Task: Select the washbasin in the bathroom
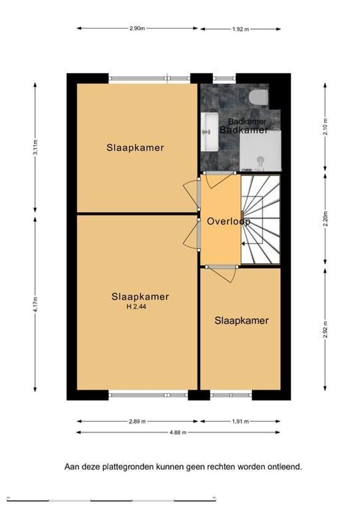point(209,132)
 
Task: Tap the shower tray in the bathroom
point(260,151)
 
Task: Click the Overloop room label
point(229,222)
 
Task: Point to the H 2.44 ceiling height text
point(136,306)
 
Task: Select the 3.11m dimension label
point(35,148)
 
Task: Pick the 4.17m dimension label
point(35,304)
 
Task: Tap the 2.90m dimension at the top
point(137,28)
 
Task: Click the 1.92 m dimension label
point(240,29)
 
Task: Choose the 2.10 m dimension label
point(325,126)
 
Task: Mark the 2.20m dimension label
point(325,219)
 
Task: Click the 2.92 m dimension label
point(325,329)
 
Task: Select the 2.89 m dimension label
point(137,421)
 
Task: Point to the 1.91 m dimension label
point(240,421)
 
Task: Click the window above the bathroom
point(224,78)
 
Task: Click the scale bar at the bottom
point(111,500)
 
